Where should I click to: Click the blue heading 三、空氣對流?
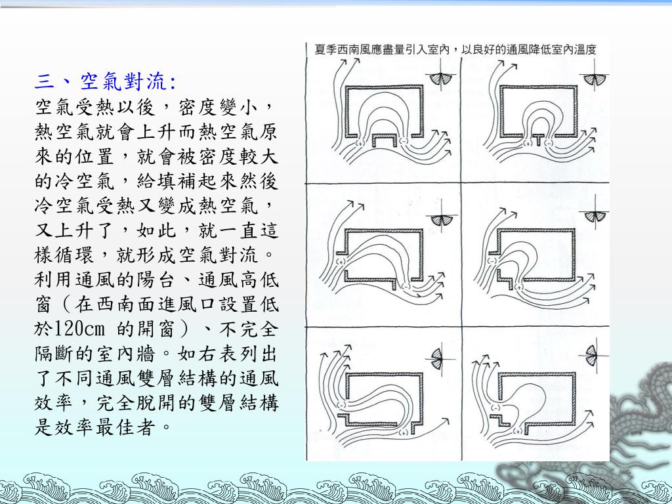(x=106, y=81)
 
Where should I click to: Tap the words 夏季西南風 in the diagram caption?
(x=337, y=49)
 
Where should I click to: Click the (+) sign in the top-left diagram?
(x=360, y=142)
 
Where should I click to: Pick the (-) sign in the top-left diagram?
(x=404, y=140)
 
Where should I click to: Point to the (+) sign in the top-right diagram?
(x=528, y=142)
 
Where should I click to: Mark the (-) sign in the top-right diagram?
(x=548, y=142)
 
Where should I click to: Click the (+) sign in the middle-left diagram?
(x=341, y=261)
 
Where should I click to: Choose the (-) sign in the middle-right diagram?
(x=492, y=261)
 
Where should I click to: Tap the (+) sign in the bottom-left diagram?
(x=403, y=432)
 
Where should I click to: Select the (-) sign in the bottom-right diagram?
(x=495, y=408)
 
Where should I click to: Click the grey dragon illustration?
(x=635, y=429)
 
